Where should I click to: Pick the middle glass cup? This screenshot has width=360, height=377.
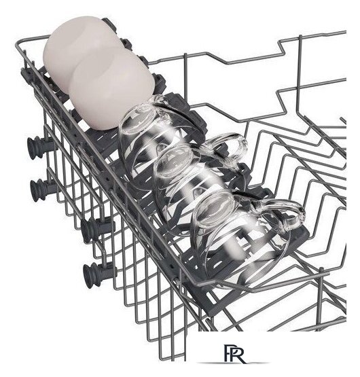click(x=190, y=183)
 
